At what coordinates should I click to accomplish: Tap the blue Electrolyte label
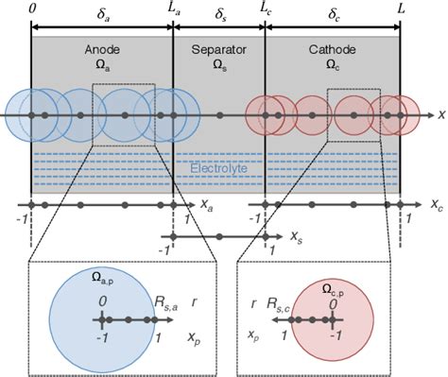[x=216, y=168]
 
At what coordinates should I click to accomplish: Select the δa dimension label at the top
[x=103, y=14]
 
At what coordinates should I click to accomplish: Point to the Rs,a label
[x=167, y=301]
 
